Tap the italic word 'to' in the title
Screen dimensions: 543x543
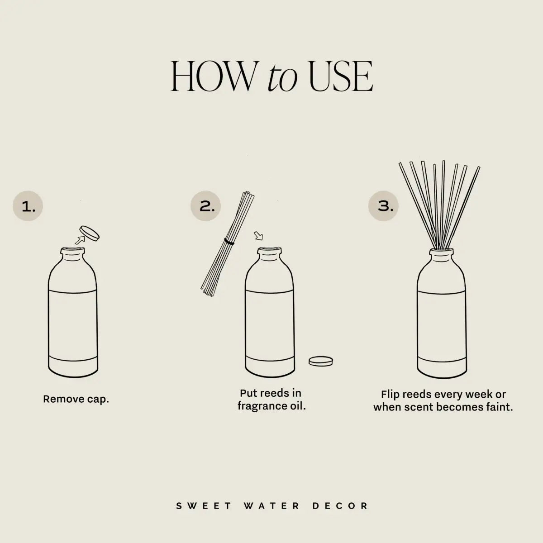[x=282, y=79]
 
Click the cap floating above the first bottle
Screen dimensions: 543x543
[x=89, y=233]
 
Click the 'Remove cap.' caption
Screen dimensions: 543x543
[x=76, y=399]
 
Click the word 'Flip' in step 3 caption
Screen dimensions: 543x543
[x=391, y=395]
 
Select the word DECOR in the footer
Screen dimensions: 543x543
[x=340, y=505]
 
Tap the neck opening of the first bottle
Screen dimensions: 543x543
[x=72, y=250]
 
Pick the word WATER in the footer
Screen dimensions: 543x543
[x=271, y=505]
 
